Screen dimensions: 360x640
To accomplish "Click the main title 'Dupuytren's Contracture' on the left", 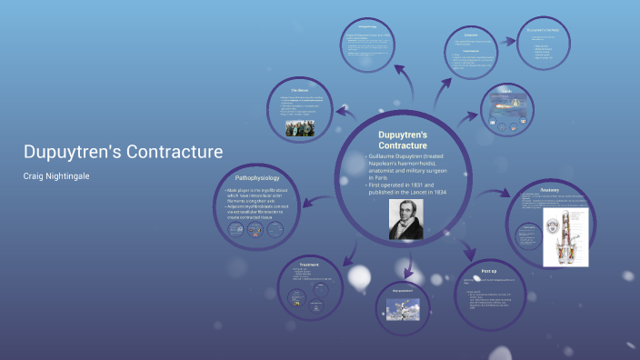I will (122, 152).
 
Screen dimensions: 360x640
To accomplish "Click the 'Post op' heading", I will (488, 271).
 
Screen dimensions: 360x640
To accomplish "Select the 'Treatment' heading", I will (309, 265).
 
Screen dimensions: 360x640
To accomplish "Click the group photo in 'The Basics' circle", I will (299, 128).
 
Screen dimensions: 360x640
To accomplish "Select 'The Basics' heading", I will (301, 91).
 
